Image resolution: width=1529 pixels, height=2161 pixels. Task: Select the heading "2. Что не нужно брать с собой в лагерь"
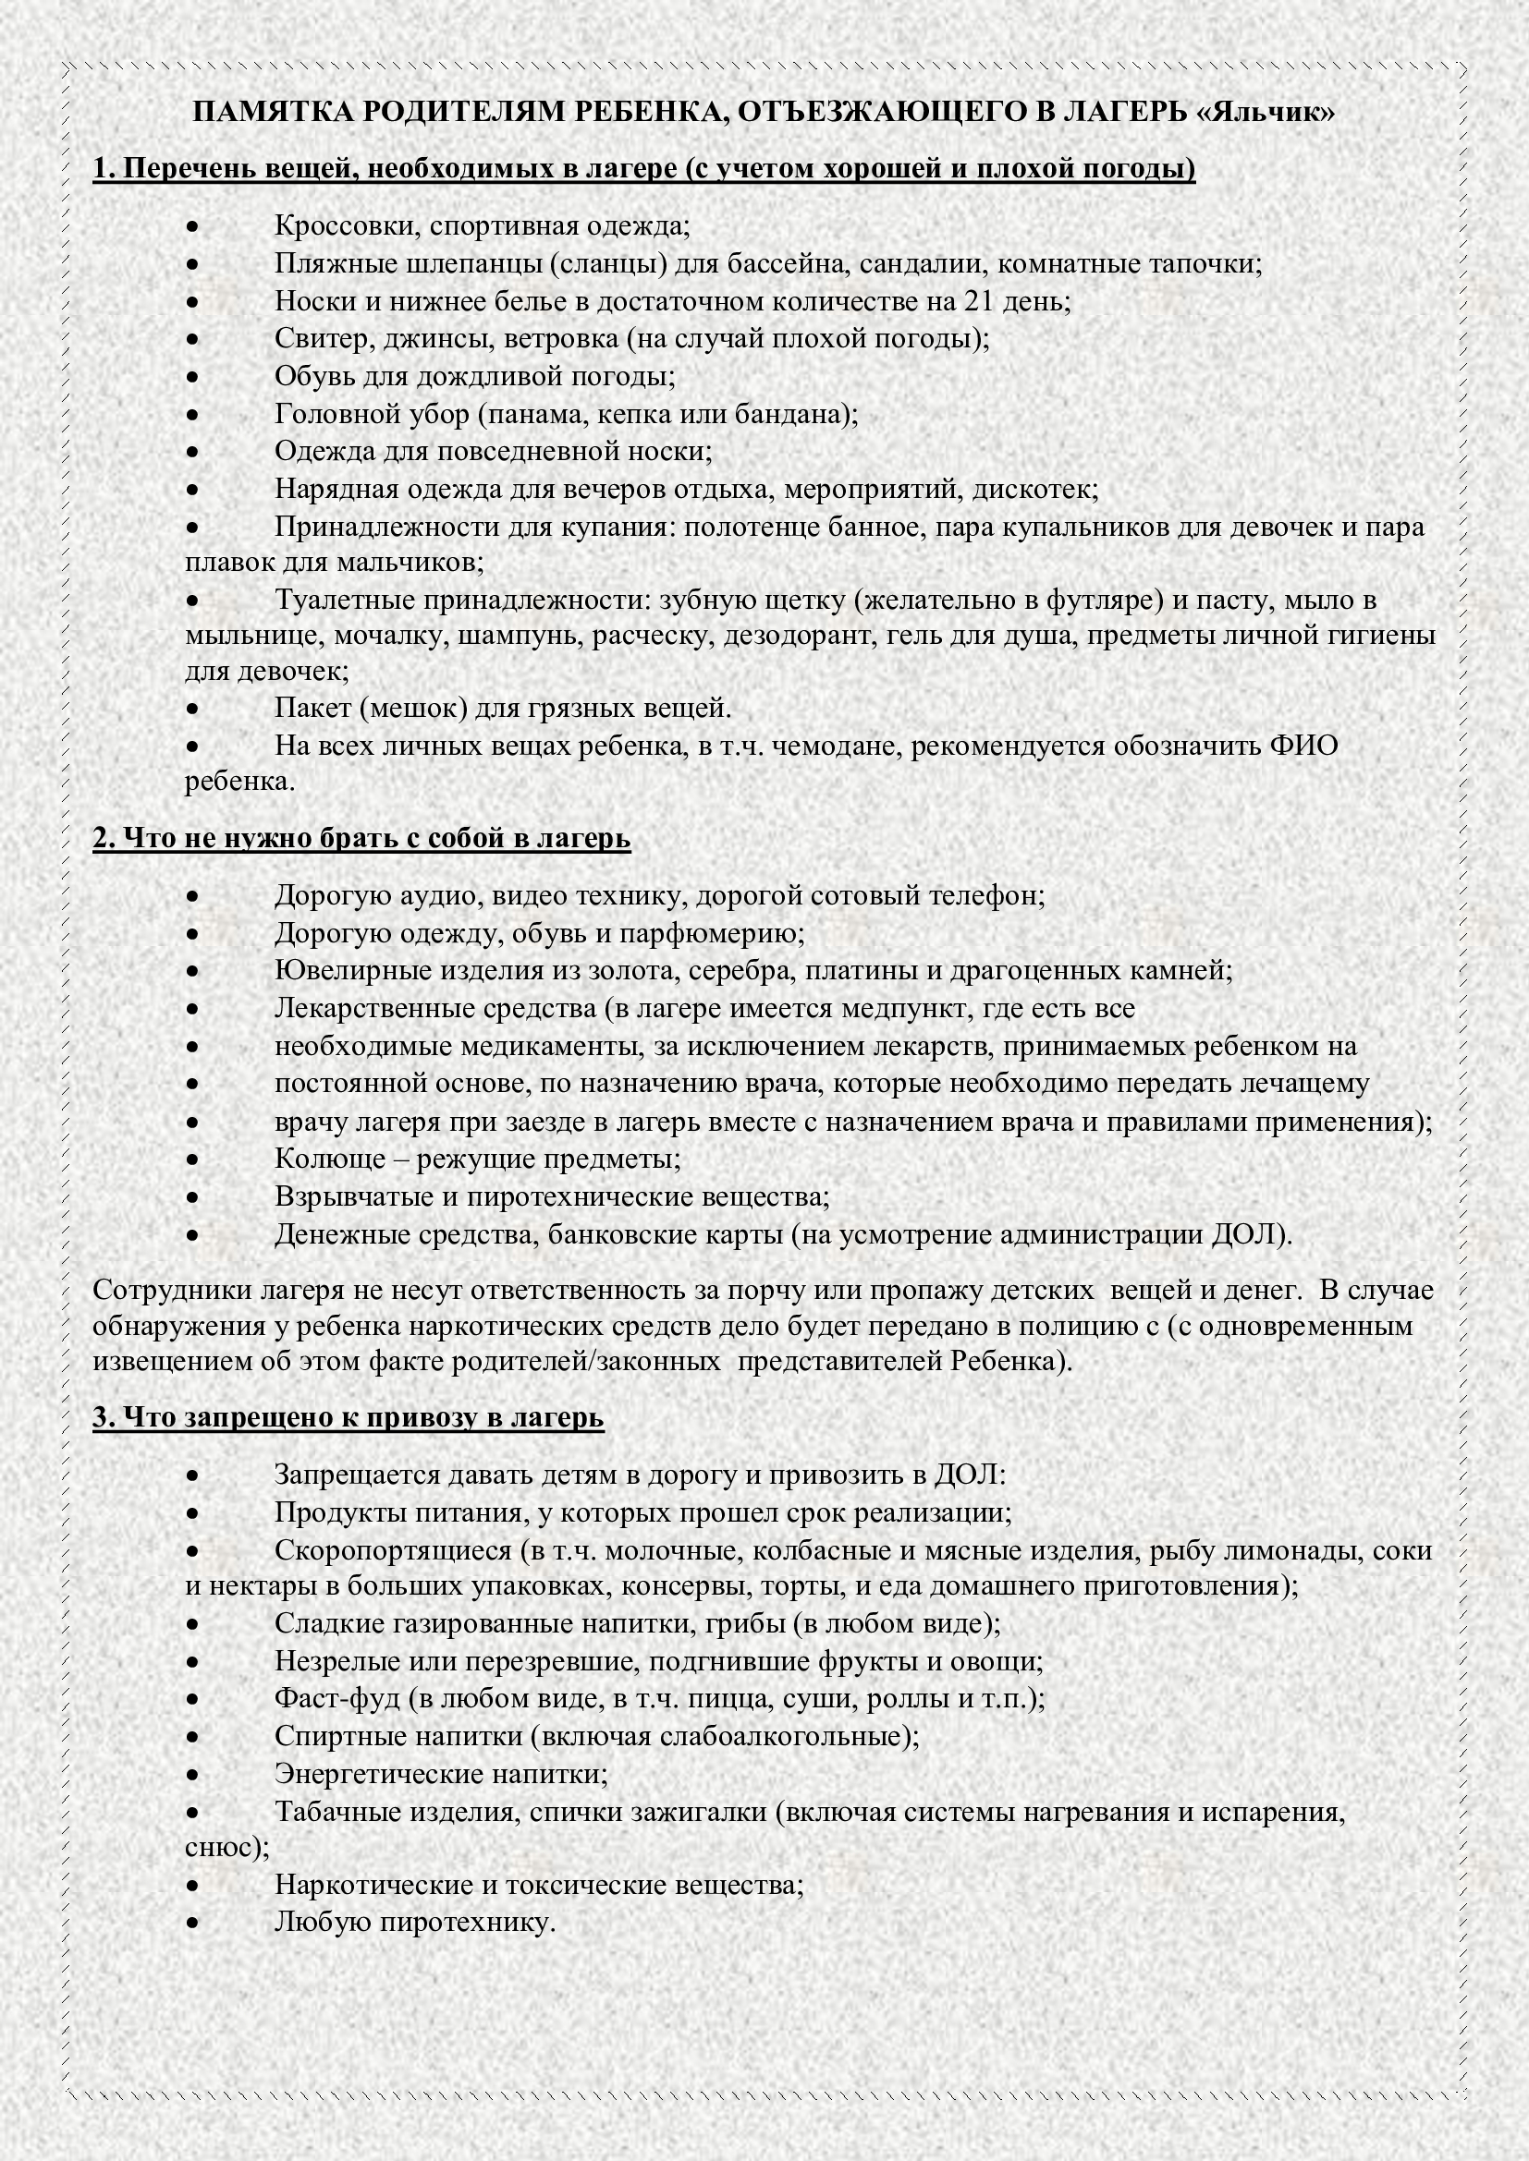361,839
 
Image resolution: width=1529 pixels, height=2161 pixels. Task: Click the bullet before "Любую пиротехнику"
192,1922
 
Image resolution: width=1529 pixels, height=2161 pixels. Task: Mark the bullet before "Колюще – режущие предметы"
192,1159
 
